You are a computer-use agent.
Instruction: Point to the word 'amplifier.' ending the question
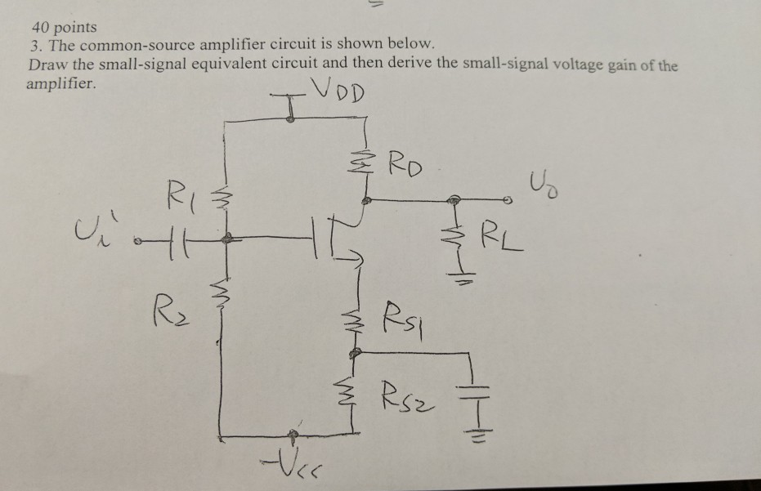[60, 83]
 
